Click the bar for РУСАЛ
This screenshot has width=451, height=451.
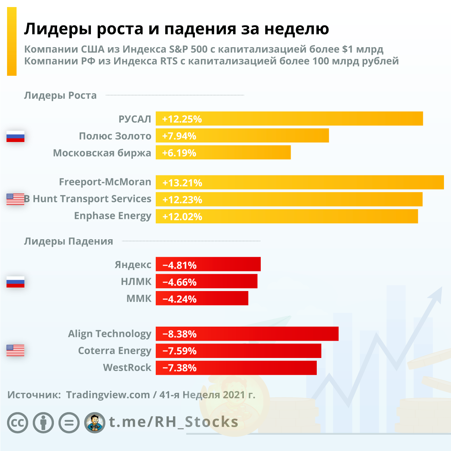coord(289,119)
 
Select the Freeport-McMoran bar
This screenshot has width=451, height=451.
coord(299,183)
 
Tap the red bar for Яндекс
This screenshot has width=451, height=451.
coord(208,265)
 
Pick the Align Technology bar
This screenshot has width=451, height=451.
coord(247,334)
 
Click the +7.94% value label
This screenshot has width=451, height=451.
coord(179,136)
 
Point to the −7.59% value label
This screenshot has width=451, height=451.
coord(179,351)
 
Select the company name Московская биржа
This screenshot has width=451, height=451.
coord(102,153)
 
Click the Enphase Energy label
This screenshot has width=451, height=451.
coord(113,216)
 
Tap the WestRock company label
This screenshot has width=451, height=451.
coord(127,367)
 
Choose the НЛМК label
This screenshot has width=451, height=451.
coord(136,282)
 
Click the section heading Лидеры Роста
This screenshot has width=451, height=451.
coord(60,95)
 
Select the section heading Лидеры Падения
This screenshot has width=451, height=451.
coord(69,241)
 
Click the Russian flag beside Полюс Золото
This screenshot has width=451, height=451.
coord(16,136)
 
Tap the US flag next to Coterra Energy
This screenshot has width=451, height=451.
coord(16,350)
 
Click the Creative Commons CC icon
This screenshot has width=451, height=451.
coord(18,422)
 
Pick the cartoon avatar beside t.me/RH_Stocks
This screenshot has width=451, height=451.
coord(95,422)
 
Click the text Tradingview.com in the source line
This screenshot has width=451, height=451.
coord(108,395)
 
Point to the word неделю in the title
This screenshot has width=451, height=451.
coord(297,29)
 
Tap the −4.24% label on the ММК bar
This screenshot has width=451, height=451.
coord(179,299)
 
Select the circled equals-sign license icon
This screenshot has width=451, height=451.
coord(69,422)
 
